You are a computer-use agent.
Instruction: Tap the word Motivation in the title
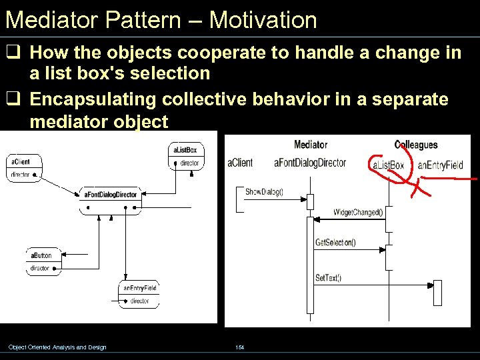[x=263, y=19]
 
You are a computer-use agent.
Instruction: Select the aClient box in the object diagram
[x=24, y=167]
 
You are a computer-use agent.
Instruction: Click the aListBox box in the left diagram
[x=185, y=156]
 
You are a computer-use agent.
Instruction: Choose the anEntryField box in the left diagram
[x=139, y=294]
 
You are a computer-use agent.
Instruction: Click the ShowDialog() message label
[x=264, y=192]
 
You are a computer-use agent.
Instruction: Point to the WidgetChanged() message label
[x=358, y=213]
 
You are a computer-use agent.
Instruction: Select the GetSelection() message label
[x=335, y=243]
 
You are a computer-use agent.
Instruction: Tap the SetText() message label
[x=328, y=277]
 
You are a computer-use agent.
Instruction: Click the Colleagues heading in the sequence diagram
[x=416, y=145]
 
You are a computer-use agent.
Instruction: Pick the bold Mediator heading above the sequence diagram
[x=311, y=145]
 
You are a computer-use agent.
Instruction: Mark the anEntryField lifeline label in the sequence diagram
[x=440, y=165]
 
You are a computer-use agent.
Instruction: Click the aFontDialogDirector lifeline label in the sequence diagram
[x=310, y=163]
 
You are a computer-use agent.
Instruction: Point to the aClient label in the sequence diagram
[x=240, y=163]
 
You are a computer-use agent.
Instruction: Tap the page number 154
[x=240, y=347]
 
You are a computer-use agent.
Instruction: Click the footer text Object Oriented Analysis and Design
[x=57, y=347]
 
